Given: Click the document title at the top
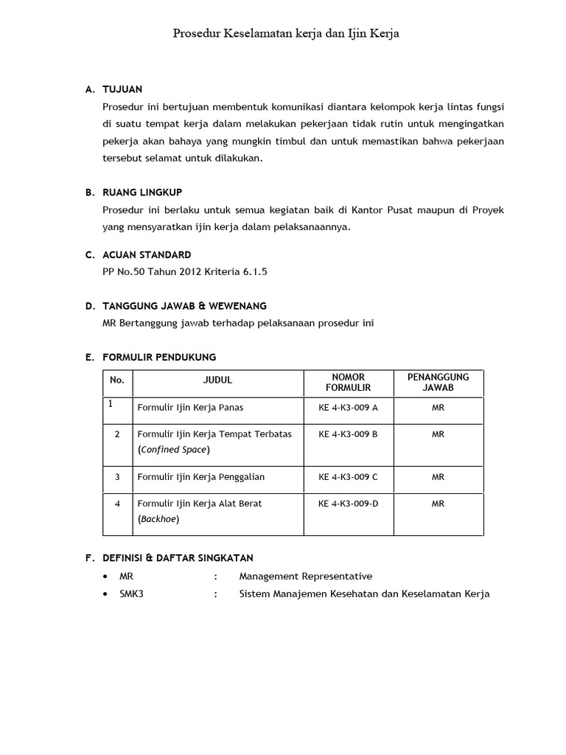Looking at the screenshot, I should [286, 33].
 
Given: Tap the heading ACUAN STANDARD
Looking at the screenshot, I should [147, 254].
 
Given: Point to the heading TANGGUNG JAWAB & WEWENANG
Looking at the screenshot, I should [185, 305].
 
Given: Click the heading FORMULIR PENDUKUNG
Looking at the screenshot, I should [160, 357].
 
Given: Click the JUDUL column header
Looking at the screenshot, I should [217, 380].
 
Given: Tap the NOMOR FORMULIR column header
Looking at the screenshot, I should [348, 382].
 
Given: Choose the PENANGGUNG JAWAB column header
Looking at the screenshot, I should [438, 382].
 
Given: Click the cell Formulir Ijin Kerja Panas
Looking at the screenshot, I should [190, 407].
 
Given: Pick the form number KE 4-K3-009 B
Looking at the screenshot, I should [348, 434].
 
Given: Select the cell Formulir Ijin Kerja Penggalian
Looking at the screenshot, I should [200, 477].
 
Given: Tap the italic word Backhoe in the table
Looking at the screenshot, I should [158, 518].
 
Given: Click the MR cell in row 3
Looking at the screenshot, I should [438, 477].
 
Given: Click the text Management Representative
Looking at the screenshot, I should [305, 576].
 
